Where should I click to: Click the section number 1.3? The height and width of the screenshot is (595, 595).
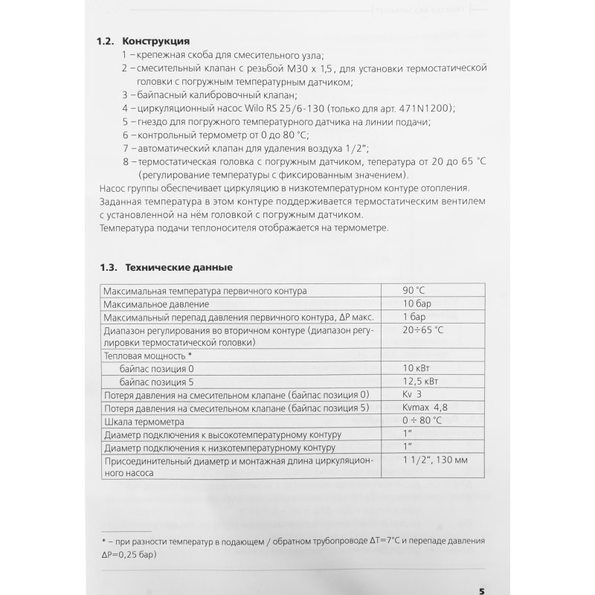[x=109, y=266]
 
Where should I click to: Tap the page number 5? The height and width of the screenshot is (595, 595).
[x=481, y=570]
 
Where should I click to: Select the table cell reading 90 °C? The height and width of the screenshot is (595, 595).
[x=414, y=290]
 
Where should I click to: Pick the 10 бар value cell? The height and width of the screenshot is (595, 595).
[x=417, y=303]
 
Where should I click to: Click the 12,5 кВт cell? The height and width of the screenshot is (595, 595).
[x=421, y=382]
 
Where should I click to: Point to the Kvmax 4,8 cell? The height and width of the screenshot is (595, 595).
[x=425, y=408]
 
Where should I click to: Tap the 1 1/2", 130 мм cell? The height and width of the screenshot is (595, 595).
[x=434, y=461]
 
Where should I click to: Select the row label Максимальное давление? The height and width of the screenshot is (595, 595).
[x=156, y=304]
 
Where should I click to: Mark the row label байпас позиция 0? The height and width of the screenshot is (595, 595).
[x=156, y=369]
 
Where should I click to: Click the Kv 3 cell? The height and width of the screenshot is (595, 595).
[x=413, y=394]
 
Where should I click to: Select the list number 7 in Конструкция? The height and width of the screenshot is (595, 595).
[x=126, y=148]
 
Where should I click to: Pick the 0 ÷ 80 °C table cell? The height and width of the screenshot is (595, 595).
[x=422, y=421]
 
